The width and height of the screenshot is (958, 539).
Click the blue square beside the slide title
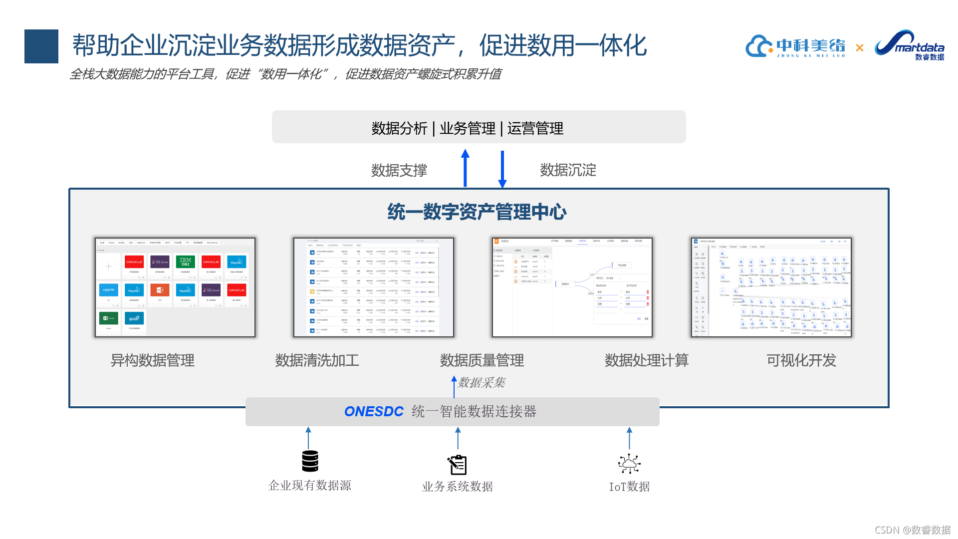[41, 46]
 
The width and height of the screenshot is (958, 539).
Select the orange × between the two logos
[859, 48]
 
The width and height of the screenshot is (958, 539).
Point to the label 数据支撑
[399, 171]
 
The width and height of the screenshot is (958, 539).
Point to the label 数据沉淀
[568, 170]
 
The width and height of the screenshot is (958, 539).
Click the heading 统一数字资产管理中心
[477, 212]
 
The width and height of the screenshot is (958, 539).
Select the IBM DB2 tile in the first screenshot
[185, 262]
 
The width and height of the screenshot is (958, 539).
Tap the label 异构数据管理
[152, 360]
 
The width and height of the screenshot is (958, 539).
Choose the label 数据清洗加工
[317, 360]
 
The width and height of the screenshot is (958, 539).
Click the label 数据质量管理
[481, 360]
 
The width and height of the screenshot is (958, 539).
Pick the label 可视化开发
[801, 360]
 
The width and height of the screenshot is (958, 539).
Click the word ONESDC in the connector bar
[374, 412]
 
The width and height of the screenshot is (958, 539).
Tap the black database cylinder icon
[310, 461]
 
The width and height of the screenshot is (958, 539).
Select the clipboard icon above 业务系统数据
[457, 465]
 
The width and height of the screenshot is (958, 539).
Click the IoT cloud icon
[629, 464]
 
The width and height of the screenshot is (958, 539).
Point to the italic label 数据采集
[481, 383]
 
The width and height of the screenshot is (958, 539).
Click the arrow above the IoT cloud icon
[629, 438]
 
